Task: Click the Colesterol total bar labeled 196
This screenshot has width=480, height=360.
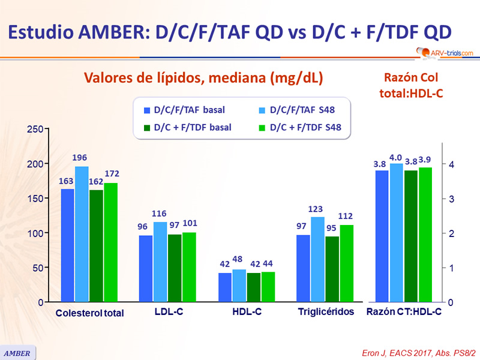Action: click(x=82, y=234)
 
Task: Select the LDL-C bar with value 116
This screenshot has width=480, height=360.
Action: click(x=161, y=262)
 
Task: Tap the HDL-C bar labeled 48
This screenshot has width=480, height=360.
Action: click(x=239, y=286)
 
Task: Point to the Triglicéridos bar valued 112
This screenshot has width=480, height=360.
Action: click(x=347, y=263)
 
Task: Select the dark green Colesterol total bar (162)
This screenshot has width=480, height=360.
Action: click(x=96, y=246)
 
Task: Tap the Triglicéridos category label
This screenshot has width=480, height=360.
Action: click(x=326, y=312)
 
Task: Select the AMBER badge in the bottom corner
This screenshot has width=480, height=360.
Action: click(x=18, y=352)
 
